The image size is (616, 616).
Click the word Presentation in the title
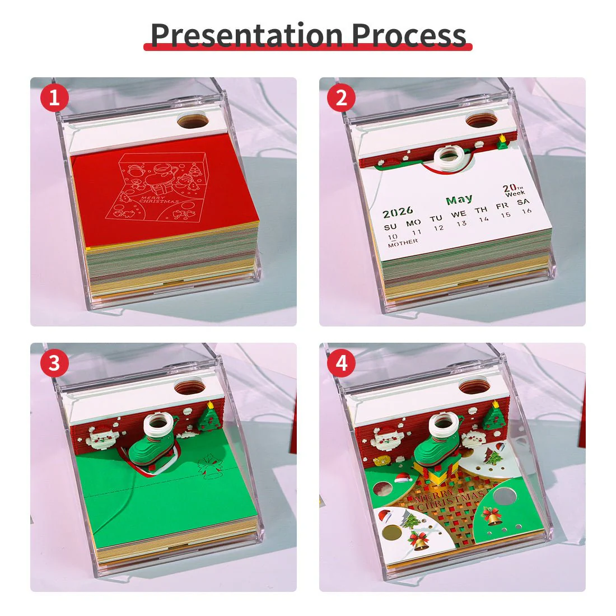coord(246,35)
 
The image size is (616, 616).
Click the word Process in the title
coord(409,35)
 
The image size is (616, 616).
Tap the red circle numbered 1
coord(54,99)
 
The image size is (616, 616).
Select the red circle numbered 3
coord(54,363)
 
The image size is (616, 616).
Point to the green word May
coord(459,199)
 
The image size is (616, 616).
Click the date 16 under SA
coord(526,211)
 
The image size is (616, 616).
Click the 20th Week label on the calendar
coord(514,190)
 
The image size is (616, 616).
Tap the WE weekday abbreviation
coord(459,214)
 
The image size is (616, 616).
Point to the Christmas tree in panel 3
coord(209,417)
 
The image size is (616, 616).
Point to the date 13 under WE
coord(461,223)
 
